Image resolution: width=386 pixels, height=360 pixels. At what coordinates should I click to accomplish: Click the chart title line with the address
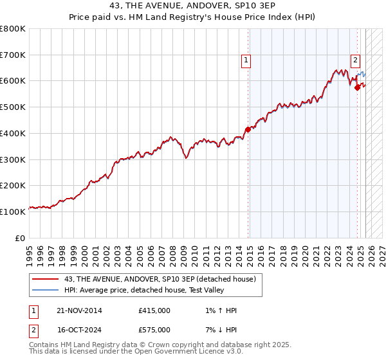pos(192,8)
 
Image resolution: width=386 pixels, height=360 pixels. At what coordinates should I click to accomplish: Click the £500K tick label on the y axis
pos(13,107)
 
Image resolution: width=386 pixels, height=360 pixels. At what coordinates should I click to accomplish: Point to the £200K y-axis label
pos(13,185)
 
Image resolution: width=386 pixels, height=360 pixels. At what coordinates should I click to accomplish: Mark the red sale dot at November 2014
pos(248,129)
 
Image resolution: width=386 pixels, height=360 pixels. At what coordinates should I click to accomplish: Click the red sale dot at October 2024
pos(357,87)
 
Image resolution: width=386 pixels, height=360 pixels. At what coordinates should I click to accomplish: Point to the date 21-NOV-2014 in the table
pos(79,310)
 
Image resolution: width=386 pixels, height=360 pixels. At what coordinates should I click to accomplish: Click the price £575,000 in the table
pos(154,329)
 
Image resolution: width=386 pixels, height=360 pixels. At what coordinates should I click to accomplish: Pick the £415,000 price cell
pos(154,310)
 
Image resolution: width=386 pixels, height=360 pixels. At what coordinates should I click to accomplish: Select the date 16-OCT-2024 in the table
pos(79,329)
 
